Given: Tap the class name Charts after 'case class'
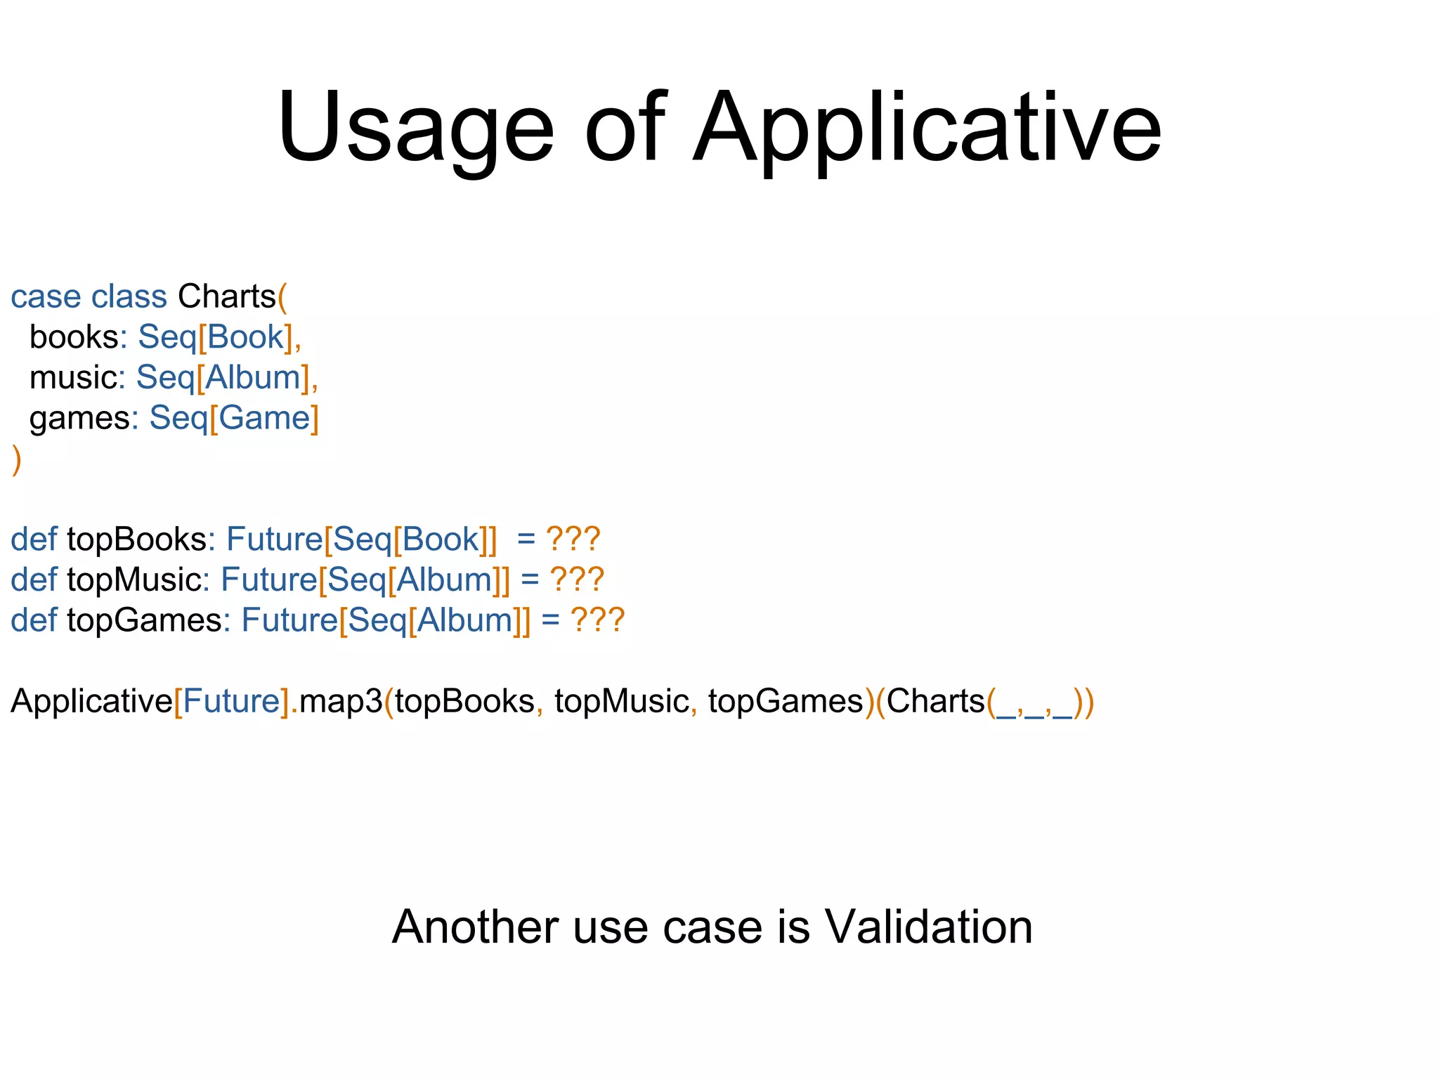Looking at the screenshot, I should tap(226, 297).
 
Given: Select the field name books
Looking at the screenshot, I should tap(74, 338).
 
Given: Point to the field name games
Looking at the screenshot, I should tap(79, 419).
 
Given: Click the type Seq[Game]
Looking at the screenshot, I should tap(234, 419).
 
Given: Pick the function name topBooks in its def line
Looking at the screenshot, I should tap(137, 540).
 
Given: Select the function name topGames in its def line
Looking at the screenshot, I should tap(145, 621).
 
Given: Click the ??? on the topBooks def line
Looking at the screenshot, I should tap(573, 540).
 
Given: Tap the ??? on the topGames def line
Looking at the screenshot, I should tap(597, 621).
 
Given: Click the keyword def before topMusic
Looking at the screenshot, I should tap(34, 581).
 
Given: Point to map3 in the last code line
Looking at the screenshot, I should tap(341, 702).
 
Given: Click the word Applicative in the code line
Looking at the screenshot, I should tap(91, 702).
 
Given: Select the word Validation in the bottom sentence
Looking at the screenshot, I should tap(928, 927).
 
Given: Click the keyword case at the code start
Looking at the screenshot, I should tap(46, 297).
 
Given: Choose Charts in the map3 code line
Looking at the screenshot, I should tap(935, 702).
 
